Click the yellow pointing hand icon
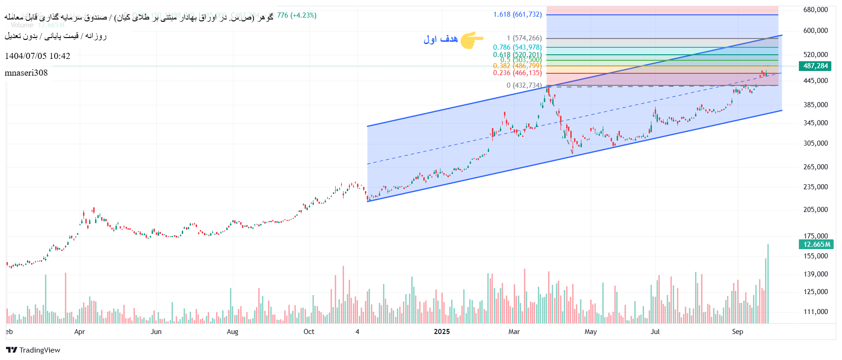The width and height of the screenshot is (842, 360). point(472,40)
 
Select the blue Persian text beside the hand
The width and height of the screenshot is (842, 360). point(440,39)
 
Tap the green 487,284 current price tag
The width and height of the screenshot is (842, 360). point(815,66)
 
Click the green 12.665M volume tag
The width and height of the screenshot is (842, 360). point(816,244)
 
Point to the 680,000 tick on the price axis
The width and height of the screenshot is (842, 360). point(816,10)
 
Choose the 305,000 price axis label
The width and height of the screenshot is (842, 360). point(816,143)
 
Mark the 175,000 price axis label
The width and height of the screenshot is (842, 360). point(816,236)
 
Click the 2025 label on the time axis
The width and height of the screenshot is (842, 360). point(442,332)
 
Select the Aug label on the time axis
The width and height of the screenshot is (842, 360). point(232,332)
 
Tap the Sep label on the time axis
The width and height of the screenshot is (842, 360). point(737,332)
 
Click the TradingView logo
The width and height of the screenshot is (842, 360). point(33,350)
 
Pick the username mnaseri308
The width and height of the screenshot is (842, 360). point(26,73)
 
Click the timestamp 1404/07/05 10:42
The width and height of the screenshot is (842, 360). point(38,56)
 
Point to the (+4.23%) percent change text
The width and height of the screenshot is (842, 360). point(303,15)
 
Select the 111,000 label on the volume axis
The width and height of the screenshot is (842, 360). point(816,312)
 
